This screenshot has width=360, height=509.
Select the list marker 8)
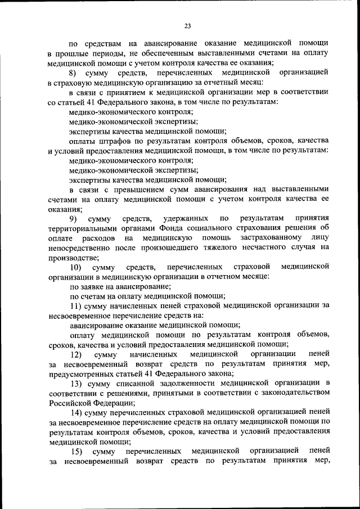point(74,73)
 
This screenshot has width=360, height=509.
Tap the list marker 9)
point(74,218)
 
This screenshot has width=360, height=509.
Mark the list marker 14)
point(76,412)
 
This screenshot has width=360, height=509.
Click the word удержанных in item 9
point(183,218)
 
